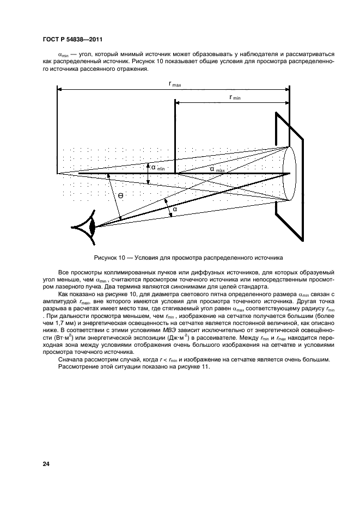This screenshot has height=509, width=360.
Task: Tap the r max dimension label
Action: pyautogui.click(x=175, y=84)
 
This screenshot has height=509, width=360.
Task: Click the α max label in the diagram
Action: pyautogui.click(x=217, y=169)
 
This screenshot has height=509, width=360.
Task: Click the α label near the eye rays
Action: pyautogui.click(x=175, y=208)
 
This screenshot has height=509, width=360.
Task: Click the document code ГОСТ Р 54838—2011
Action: pyautogui.click(x=73, y=39)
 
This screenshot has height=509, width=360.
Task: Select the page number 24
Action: pyautogui.click(x=46, y=464)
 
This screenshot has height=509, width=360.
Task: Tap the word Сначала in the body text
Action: pyautogui.click(x=71, y=359)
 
